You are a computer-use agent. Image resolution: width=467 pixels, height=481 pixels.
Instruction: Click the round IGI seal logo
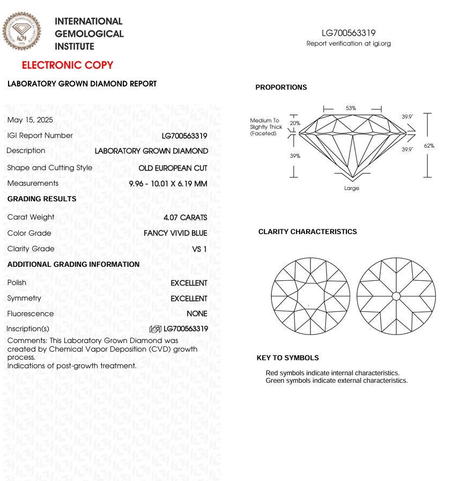(21, 32)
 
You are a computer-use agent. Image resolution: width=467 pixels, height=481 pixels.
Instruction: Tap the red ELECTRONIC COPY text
(68, 65)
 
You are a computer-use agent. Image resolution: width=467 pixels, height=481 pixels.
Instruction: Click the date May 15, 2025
(30, 120)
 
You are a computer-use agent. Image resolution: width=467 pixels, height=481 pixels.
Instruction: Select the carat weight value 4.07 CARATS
(185, 217)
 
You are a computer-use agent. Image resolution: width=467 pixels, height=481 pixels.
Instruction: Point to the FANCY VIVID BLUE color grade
(175, 234)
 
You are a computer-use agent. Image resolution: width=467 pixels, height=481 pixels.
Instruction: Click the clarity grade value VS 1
(199, 249)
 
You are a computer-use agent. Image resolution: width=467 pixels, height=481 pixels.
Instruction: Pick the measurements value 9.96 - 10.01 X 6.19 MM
(168, 184)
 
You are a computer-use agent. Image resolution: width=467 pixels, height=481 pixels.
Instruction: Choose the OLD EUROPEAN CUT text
(173, 168)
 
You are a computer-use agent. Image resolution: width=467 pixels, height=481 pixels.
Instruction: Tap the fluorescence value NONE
(197, 314)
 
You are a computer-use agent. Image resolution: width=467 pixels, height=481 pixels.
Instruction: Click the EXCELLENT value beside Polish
(189, 283)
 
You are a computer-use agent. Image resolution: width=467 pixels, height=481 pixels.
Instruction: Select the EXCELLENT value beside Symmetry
(189, 298)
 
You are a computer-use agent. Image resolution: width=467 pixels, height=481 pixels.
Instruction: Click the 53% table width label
(351, 108)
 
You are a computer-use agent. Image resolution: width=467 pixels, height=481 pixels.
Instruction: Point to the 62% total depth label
(429, 145)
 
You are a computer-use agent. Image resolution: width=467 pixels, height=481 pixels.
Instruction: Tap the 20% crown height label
(295, 123)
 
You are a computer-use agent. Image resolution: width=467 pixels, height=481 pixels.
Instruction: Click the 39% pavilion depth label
(295, 156)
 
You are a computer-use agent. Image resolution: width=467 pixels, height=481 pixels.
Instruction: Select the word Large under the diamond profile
(352, 188)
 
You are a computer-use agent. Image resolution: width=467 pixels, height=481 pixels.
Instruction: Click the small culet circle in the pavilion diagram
(396, 296)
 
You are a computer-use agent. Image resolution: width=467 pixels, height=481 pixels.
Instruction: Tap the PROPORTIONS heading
(281, 88)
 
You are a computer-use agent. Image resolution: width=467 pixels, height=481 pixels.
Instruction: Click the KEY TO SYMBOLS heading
(287, 358)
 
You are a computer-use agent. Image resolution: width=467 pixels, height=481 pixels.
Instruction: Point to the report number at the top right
(349, 33)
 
